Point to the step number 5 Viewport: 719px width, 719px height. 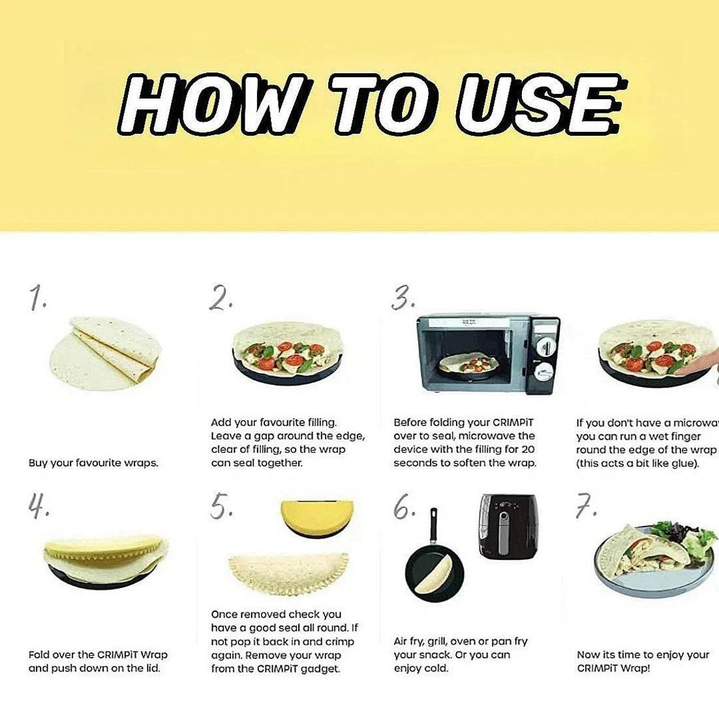[x=221, y=507]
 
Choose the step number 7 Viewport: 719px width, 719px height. [x=585, y=507]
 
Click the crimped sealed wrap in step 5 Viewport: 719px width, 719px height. [x=288, y=572]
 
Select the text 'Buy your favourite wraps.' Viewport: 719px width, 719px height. [x=93, y=463]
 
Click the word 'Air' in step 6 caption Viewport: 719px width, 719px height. [x=402, y=641]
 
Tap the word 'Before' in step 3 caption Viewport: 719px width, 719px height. [x=410, y=422]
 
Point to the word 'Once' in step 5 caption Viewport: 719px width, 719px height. [x=224, y=614]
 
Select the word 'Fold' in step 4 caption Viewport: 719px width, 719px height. [x=39, y=654]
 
